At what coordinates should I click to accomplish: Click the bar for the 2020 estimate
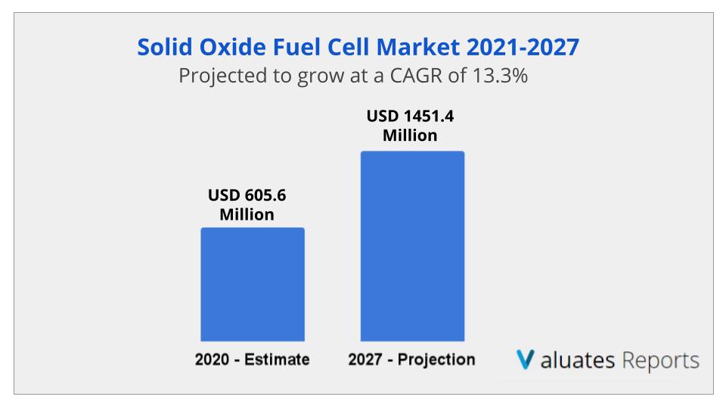point(252,284)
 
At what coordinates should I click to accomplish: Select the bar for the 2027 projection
point(412,246)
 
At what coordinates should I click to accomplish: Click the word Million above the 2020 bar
point(247,215)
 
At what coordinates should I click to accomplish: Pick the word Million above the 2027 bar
point(410,136)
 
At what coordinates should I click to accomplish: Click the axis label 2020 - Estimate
point(253,360)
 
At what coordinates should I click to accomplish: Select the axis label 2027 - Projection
point(412,360)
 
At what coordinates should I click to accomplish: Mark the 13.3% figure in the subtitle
point(500,76)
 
